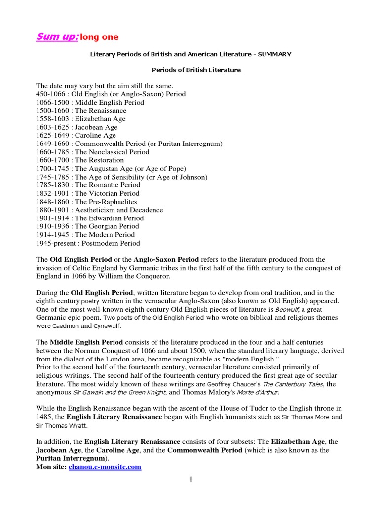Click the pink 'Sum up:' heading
tap(57, 37)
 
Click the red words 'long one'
tap(99, 37)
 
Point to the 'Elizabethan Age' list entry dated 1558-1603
tap(100, 119)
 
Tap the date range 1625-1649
tap(53, 135)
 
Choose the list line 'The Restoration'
tap(99, 160)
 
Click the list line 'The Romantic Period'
tap(107, 185)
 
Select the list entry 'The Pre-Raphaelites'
tap(106, 202)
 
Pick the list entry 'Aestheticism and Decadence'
tap(118, 210)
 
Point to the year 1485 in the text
tap(45, 417)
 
